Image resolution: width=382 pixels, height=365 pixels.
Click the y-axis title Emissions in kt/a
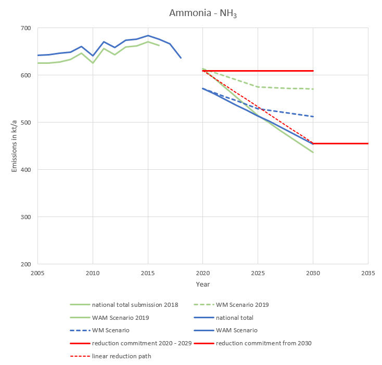(15, 146)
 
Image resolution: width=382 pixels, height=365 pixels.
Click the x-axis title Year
(203, 285)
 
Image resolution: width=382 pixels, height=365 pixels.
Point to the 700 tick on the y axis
(26, 28)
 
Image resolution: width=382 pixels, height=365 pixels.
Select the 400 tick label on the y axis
(26, 170)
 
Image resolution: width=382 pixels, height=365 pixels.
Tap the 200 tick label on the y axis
(26, 264)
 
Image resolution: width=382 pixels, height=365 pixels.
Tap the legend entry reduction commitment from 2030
(264, 343)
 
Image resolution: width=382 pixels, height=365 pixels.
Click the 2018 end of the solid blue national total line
(181, 58)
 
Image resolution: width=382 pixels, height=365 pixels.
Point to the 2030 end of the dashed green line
(313, 89)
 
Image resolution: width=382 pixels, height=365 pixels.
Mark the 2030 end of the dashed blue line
(313, 116)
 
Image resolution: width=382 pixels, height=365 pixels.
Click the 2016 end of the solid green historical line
(159, 46)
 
